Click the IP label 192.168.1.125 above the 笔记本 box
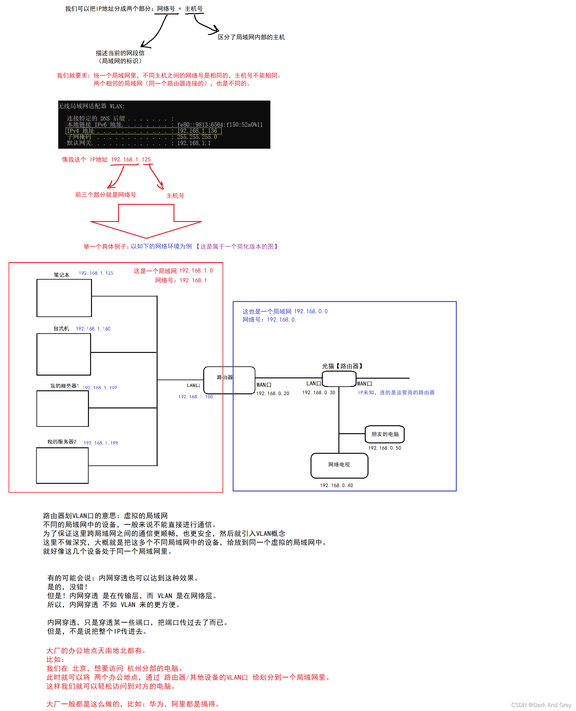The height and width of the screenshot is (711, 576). click(x=96, y=273)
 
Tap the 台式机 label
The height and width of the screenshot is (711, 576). click(x=61, y=328)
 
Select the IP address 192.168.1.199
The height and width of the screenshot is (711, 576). click(x=100, y=388)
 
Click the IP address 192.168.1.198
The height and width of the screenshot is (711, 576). click(x=101, y=443)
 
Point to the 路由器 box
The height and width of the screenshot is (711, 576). click(x=229, y=380)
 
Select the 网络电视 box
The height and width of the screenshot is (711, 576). click(x=339, y=465)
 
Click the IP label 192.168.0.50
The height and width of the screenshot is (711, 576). click(x=384, y=448)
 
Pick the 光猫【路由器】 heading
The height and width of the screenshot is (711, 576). click(x=342, y=366)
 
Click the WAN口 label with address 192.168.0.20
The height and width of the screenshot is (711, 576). click(x=264, y=385)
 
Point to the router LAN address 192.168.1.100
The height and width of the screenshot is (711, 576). click(x=196, y=396)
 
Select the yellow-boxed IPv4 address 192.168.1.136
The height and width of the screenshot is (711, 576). click(x=197, y=131)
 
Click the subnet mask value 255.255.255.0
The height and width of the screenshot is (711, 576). click(x=197, y=137)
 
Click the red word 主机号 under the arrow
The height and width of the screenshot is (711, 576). click(x=175, y=196)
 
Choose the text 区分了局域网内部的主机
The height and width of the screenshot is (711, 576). click(x=251, y=37)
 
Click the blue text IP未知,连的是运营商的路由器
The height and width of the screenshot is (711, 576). click(x=396, y=392)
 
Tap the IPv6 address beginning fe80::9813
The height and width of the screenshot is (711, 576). click(x=220, y=125)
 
